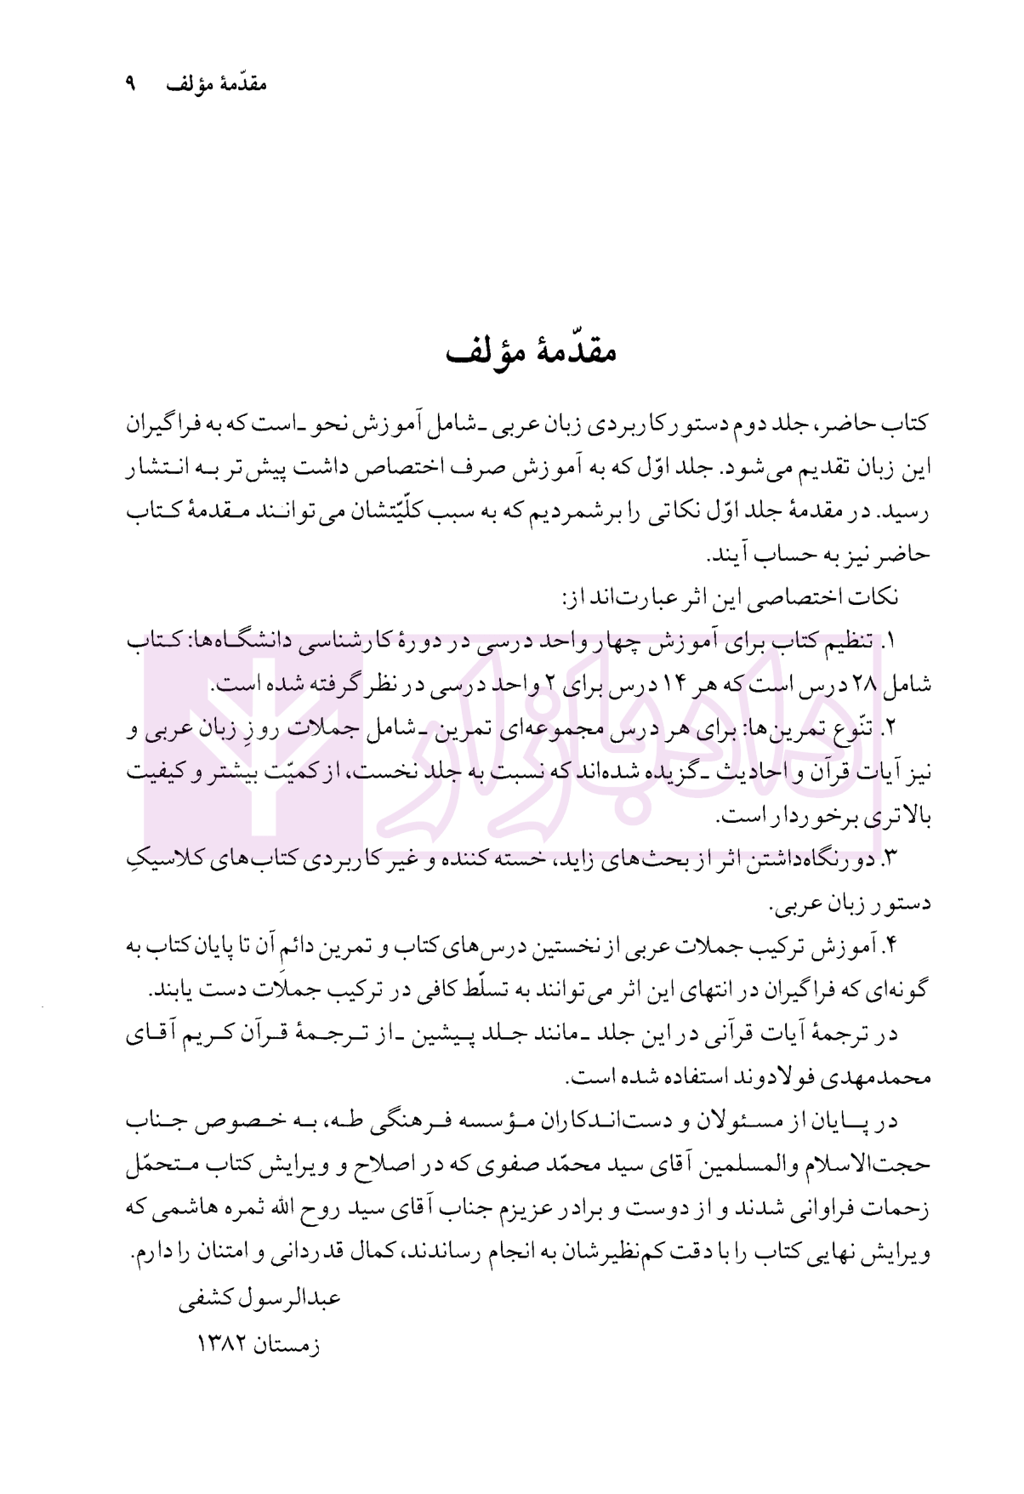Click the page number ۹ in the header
(x=130, y=84)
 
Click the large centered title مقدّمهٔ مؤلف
(x=532, y=350)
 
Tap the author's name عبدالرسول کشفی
(x=260, y=1299)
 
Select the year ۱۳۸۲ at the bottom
(x=222, y=1345)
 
